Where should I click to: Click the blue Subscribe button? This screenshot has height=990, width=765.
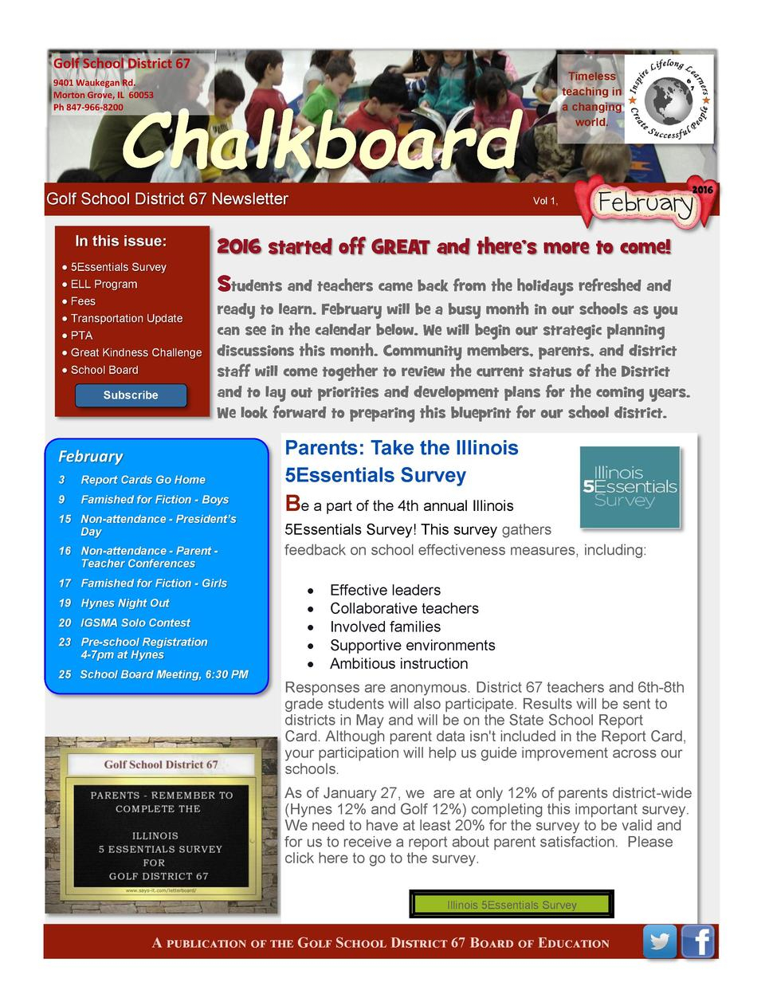(x=131, y=395)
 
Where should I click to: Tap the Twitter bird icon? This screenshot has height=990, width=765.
(x=660, y=941)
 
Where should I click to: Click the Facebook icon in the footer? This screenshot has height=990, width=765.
(x=698, y=941)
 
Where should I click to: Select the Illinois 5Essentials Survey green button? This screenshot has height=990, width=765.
(x=512, y=905)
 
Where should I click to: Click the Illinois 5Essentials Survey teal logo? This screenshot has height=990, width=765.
(x=630, y=486)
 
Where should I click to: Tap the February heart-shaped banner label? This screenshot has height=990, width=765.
(x=646, y=202)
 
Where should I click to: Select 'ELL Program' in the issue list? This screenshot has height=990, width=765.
(x=104, y=285)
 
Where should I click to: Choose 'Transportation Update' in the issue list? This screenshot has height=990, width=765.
(x=127, y=319)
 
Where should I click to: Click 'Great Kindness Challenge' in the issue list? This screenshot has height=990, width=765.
(x=136, y=352)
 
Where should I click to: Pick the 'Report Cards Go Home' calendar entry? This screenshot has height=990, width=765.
(x=143, y=480)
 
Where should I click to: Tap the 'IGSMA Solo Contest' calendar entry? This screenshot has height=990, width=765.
(x=135, y=623)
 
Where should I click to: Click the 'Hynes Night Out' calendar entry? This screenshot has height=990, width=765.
(x=125, y=603)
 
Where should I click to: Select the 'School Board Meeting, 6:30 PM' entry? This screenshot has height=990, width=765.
(x=164, y=674)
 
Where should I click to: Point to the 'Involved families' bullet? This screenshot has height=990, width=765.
(x=385, y=627)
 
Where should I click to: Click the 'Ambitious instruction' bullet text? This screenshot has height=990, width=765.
(x=398, y=664)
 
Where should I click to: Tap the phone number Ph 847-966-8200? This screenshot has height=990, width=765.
(x=88, y=108)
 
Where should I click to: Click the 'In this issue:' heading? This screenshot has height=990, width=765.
(x=121, y=242)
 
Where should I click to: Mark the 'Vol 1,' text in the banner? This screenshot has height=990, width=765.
(x=545, y=201)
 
